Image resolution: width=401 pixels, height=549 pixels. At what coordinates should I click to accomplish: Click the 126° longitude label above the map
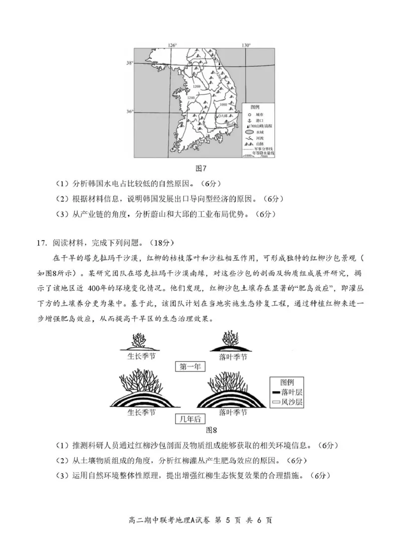[173, 45]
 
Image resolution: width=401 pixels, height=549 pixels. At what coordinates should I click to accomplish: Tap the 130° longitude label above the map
[246, 45]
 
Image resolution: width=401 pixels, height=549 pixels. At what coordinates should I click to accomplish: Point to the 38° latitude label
[130, 63]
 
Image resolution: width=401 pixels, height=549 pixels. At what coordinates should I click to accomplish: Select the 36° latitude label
[130, 111]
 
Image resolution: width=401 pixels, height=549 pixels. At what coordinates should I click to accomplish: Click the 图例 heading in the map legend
[255, 107]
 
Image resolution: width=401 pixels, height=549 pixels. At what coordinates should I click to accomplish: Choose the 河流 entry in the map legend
[254, 138]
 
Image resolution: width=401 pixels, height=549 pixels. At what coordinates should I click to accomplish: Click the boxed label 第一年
[189, 366]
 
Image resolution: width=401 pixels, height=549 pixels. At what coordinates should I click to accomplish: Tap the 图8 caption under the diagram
[211, 430]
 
